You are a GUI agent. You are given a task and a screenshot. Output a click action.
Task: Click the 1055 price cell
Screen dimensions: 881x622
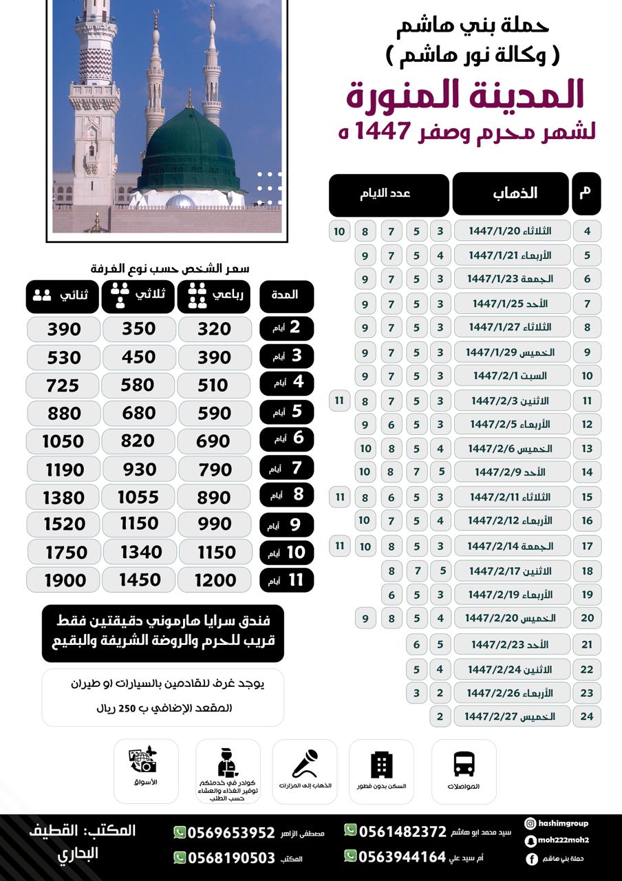138,496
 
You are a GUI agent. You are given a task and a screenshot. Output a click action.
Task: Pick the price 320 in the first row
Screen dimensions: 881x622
214,329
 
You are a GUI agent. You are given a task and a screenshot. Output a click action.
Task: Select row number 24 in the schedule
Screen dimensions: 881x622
587,717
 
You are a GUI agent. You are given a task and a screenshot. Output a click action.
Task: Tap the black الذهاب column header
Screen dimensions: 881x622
510,194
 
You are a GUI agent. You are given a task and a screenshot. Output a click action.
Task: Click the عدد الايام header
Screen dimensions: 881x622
388,194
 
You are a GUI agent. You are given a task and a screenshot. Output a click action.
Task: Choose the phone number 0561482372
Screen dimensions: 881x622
403,831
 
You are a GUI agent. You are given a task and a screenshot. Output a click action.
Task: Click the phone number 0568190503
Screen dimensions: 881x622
231,858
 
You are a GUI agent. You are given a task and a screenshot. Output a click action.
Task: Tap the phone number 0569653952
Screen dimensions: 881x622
231,832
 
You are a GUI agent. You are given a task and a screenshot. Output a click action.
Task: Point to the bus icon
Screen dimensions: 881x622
464,764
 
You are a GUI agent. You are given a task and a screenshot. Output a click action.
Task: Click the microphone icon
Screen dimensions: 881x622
304,764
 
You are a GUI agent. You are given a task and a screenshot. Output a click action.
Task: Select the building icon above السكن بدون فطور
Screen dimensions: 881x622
381,765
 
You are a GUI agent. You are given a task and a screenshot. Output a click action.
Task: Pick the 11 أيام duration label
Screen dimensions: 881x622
287,580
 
